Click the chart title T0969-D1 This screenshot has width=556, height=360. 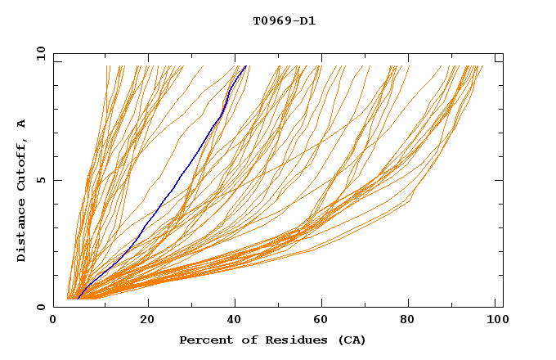pos(285,20)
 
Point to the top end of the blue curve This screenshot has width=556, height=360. pos(246,65)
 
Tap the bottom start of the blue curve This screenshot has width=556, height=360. pos(77,299)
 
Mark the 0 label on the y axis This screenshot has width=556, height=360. pos(41,307)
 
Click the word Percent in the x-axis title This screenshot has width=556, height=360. pos(203,340)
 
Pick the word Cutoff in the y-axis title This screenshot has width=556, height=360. pos(22,164)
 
